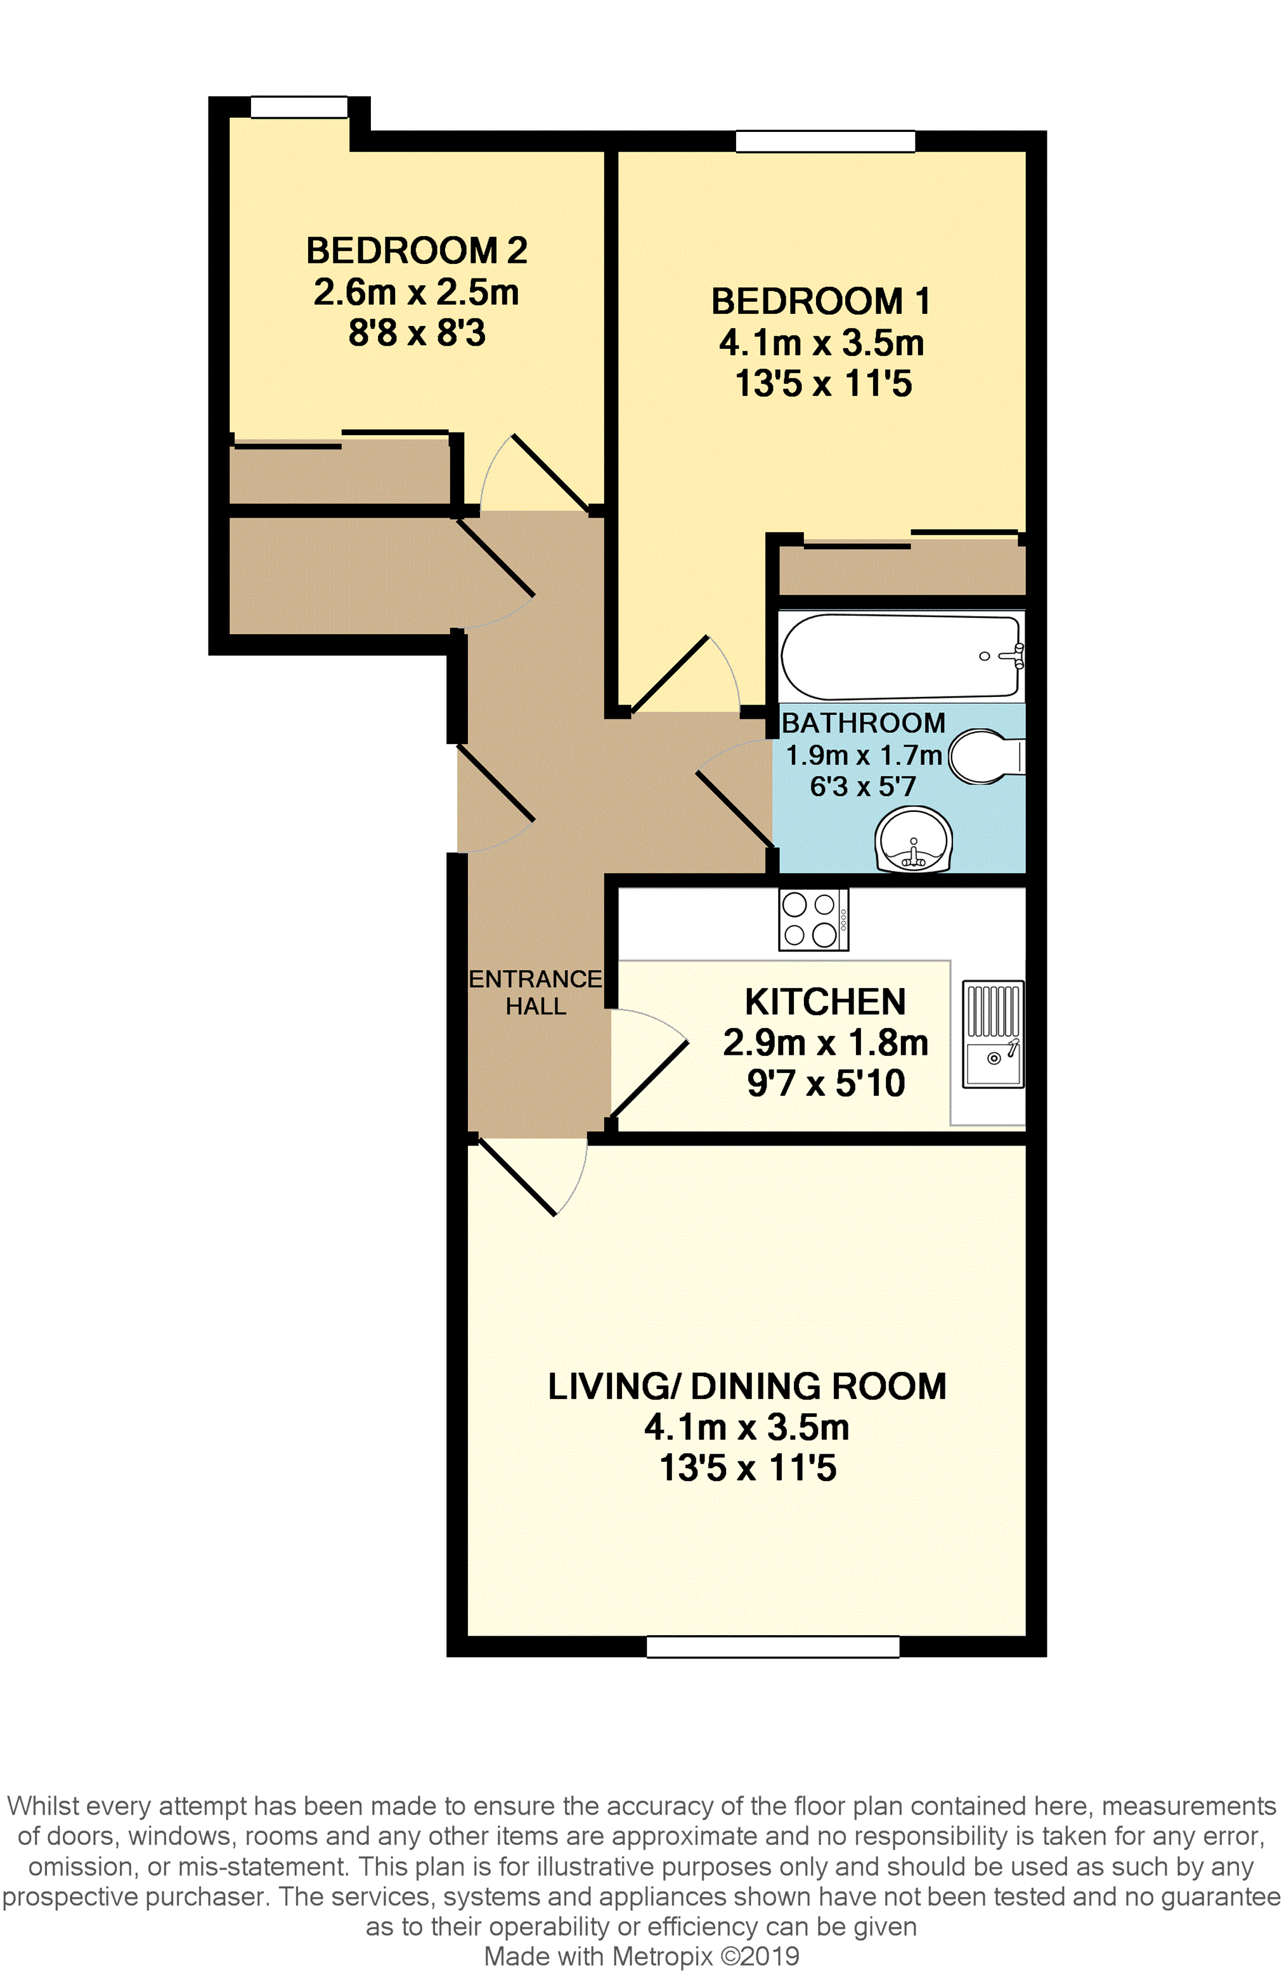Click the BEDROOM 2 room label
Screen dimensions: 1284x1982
tap(417, 251)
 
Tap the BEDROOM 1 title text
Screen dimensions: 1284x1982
tap(820, 301)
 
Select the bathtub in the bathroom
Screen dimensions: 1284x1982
tap(902, 656)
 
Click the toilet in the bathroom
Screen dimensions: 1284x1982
tap(986, 756)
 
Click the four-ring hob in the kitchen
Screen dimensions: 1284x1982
tap(814, 920)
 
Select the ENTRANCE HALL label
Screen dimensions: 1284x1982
tap(535, 992)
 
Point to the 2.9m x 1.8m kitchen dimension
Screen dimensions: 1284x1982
tap(825, 1043)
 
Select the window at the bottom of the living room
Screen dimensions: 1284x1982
tap(773, 1646)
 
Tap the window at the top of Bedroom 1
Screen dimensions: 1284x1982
tap(825, 141)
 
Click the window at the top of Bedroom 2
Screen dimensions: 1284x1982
tap(299, 107)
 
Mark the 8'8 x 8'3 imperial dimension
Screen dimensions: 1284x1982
tap(417, 333)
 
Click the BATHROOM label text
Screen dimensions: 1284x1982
tap(864, 723)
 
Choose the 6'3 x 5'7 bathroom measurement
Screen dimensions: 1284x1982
tap(864, 785)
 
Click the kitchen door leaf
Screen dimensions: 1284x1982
tap(649, 1078)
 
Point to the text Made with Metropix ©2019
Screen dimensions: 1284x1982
tap(641, 1956)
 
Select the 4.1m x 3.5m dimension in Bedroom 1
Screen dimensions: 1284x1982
tap(822, 343)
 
